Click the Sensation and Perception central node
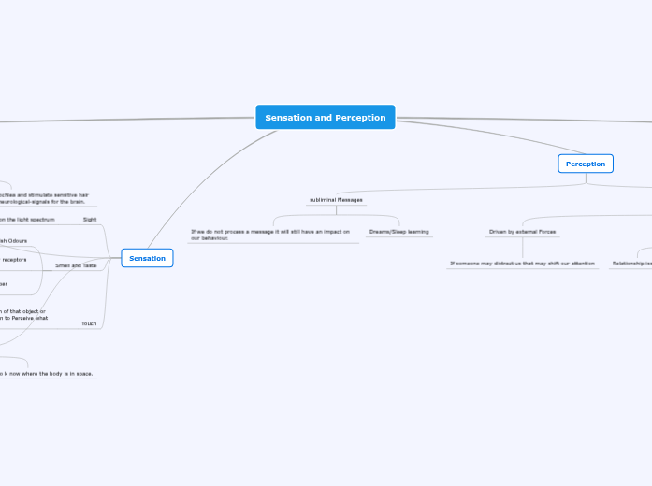coord(325,118)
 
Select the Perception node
coord(585,164)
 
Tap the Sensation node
coord(147,258)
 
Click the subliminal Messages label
coord(336,200)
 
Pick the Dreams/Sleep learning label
coord(398,231)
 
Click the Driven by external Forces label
coord(522,231)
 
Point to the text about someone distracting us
coord(522,264)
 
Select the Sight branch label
coord(90,219)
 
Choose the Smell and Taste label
coord(76,265)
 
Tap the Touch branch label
coord(89,323)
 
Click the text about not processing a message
coord(269,235)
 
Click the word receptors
coord(14,259)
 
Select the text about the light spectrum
coord(27,219)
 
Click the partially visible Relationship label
coord(632,264)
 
